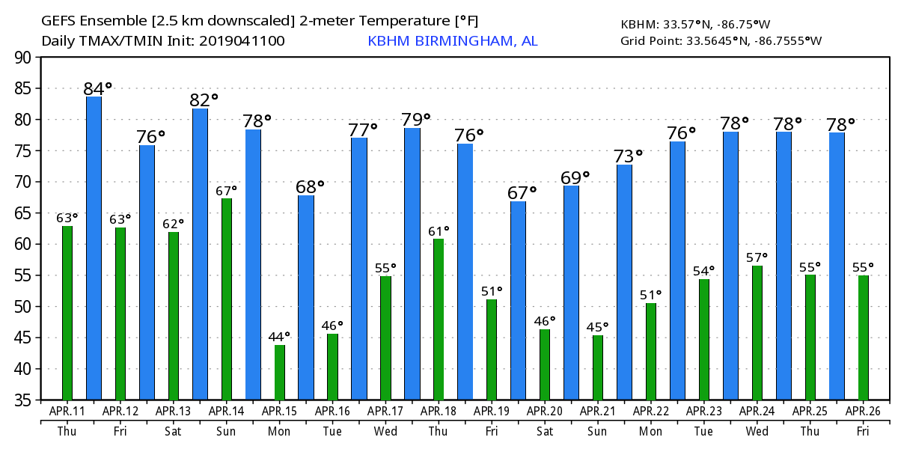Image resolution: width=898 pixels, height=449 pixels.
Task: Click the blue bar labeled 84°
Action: pyautogui.click(x=94, y=248)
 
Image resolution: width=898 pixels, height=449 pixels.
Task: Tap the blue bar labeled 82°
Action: pyautogui.click(x=200, y=254)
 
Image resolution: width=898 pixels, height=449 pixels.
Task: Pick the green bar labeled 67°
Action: pyautogui.click(x=226, y=299)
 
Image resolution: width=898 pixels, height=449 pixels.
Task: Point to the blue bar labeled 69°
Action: pyautogui.click(x=571, y=293)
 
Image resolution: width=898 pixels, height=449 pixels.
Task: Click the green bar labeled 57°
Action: pyautogui.click(x=757, y=333)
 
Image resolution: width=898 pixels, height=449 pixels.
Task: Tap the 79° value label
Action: pyautogui.click(x=416, y=120)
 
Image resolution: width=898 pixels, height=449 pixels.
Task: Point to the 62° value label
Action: pyautogui.click(x=173, y=224)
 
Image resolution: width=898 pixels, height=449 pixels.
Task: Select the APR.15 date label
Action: pyautogui.click(x=280, y=411)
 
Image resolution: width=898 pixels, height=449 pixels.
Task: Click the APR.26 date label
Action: pyautogui.click(x=864, y=411)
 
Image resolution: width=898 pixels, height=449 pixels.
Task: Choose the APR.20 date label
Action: pyautogui.click(x=545, y=411)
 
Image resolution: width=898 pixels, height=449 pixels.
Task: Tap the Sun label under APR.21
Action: pyautogui.click(x=598, y=431)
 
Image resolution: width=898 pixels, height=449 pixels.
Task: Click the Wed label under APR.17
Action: pyautogui.click(x=385, y=431)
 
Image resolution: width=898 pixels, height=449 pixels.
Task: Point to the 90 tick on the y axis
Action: pyautogui.click(x=22, y=57)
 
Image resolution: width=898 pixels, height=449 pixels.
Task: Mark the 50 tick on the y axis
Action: pyautogui.click(x=22, y=307)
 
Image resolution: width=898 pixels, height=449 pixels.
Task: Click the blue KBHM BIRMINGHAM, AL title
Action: pyautogui.click(x=452, y=41)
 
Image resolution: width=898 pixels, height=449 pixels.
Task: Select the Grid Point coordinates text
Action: pyautogui.click(x=721, y=41)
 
